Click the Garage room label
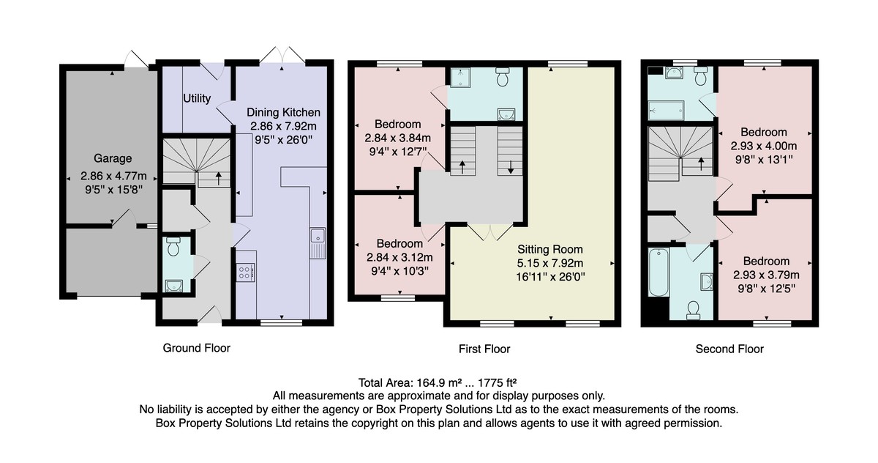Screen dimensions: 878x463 click(113, 158)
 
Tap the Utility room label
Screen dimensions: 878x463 click(197, 98)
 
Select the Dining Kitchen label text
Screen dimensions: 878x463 click(283, 113)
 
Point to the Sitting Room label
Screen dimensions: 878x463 click(550, 249)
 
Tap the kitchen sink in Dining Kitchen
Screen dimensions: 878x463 click(318, 243)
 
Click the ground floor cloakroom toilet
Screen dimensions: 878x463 click(173, 246)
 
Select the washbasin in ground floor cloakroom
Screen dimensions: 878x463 click(173, 286)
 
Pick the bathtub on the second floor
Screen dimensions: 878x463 click(658, 273)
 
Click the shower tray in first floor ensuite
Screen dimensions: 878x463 click(460, 78)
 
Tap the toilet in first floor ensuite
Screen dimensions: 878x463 click(502, 77)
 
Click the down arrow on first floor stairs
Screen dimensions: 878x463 click(511, 166)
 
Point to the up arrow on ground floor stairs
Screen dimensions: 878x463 click(218, 179)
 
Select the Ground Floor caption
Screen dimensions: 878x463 click(196, 348)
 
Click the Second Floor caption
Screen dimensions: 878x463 click(729, 349)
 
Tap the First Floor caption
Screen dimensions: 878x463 click(484, 349)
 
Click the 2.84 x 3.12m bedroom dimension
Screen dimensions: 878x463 click(399, 257)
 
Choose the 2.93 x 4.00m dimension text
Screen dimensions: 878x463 click(764, 146)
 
